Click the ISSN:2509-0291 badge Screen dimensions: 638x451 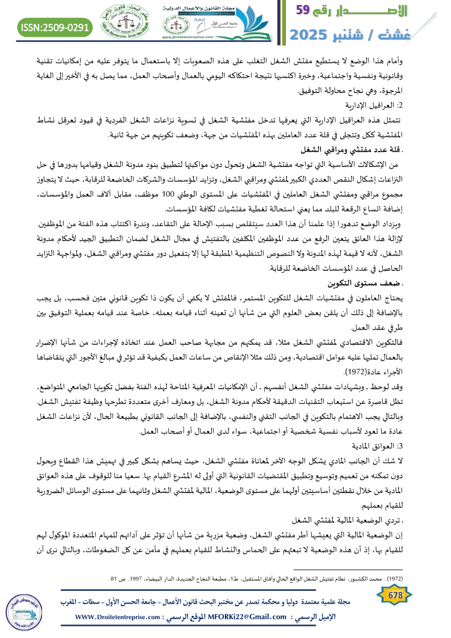pyautogui.click(x=56, y=27)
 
